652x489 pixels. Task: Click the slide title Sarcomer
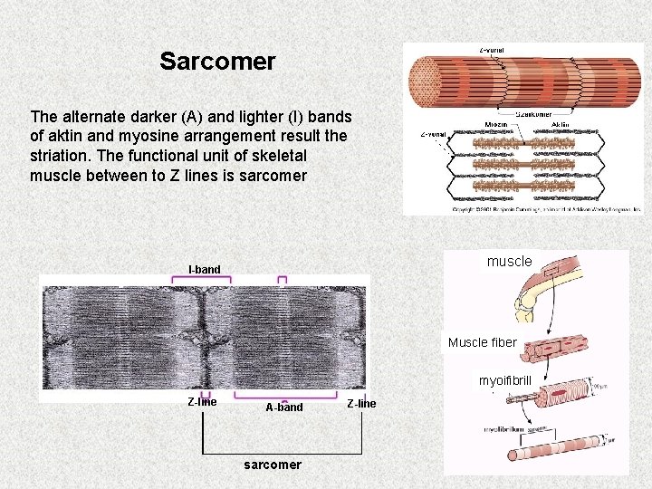click(217, 62)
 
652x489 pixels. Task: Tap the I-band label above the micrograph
click(204, 269)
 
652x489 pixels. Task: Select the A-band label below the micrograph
click(284, 407)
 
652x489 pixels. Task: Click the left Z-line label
click(202, 402)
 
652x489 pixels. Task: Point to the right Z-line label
click(361, 403)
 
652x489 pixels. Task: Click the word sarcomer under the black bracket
click(273, 465)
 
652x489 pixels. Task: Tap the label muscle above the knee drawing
click(510, 261)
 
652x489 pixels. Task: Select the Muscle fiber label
click(482, 342)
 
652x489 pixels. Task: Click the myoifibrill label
click(505, 381)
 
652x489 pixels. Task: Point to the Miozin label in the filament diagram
click(496, 124)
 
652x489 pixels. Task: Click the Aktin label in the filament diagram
click(560, 124)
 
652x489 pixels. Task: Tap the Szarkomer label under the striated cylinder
click(533, 114)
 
